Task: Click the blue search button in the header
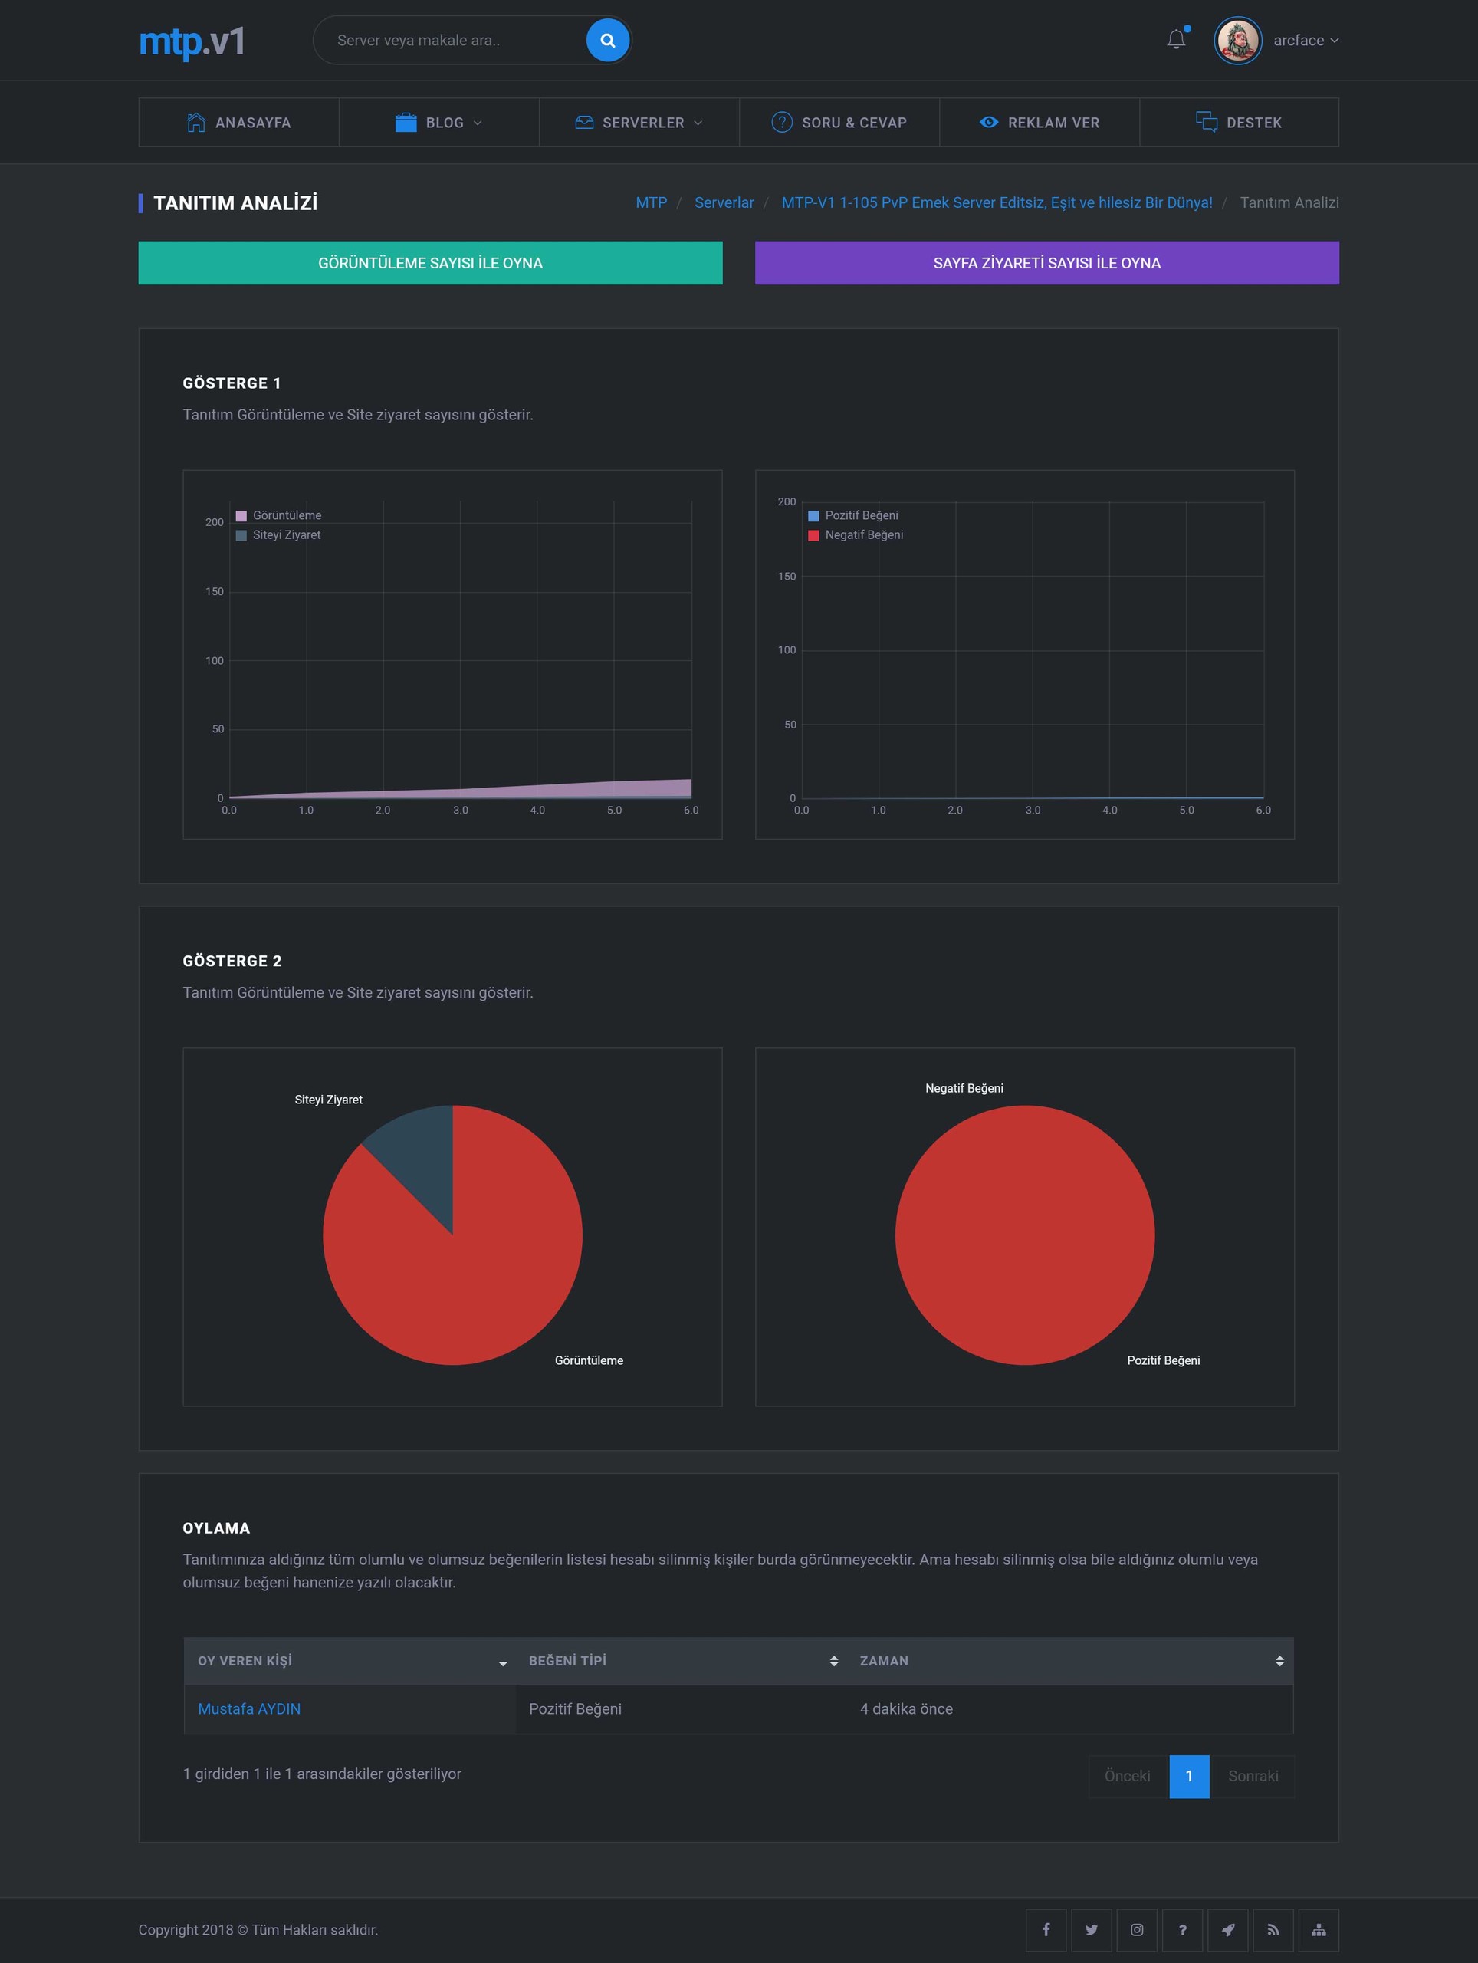[608, 40]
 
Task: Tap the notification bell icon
[1177, 40]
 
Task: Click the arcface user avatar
[1237, 40]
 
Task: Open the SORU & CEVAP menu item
[839, 123]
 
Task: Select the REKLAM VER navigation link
[1040, 123]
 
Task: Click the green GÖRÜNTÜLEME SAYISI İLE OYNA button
[430, 263]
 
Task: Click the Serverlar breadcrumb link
[724, 202]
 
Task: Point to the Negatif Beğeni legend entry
[856, 535]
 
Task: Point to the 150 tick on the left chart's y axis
[215, 592]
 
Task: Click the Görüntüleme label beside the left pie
[589, 1360]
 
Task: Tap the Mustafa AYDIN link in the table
[249, 1709]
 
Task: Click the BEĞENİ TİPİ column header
[568, 1660]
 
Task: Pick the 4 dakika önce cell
[906, 1709]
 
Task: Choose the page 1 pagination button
[1189, 1776]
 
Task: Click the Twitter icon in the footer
[1091, 1930]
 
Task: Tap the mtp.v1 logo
[192, 41]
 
